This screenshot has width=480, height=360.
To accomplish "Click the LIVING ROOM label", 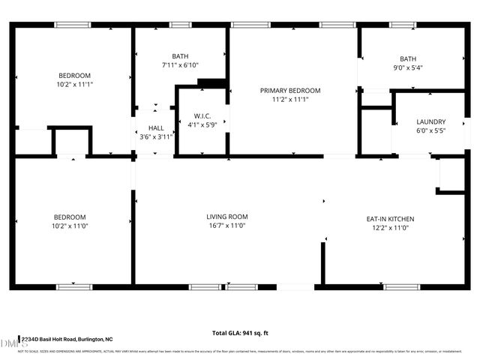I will (x=227, y=217).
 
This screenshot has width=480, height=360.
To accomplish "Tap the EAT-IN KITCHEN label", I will (x=390, y=219).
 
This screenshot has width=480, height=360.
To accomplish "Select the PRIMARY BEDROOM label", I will (x=290, y=91).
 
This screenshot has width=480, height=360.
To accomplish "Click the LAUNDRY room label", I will (x=431, y=121).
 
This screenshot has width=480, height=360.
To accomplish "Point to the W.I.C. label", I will (x=202, y=116).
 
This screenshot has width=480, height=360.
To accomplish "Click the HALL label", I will (x=156, y=128).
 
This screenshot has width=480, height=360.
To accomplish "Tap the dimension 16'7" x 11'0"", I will (x=227, y=226).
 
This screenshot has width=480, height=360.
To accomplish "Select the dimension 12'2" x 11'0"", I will (x=390, y=228).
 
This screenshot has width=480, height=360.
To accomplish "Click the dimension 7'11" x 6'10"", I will (x=180, y=65).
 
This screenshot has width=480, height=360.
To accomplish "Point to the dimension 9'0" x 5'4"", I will (x=408, y=68).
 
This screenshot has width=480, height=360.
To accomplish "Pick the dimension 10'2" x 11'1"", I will (x=75, y=85).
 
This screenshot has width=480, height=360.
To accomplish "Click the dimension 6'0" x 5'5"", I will (x=431, y=130).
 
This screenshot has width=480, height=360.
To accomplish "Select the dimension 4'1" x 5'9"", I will (x=202, y=125).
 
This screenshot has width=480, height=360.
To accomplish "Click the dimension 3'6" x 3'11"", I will (x=156, y=137).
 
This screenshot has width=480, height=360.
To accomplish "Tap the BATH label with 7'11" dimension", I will (x=180, y=56).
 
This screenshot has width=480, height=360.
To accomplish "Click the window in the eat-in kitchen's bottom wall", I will (x=402, y=286).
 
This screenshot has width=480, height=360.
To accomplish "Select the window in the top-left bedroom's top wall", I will (x=73, y=25).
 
